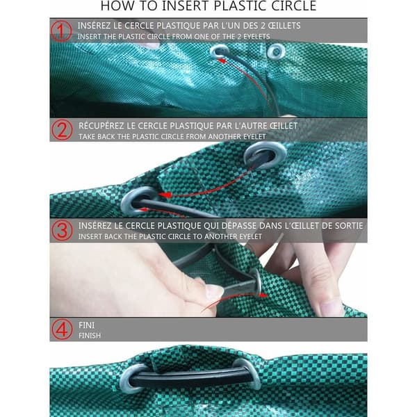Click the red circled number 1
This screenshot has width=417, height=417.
(61, 31)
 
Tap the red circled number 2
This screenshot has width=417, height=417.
(62, 130)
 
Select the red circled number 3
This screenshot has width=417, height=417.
(62, 230)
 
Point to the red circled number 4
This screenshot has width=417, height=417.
(62, 329)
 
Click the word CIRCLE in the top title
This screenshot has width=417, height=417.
(290, 6)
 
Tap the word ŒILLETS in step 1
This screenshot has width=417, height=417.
(284, 26)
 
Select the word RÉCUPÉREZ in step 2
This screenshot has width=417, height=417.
(101, 125)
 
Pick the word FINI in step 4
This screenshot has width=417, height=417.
(86, 325)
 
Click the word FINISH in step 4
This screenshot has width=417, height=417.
(90, 336)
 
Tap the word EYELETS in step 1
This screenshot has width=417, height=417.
(256, 36)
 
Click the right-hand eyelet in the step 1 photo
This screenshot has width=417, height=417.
(276, 51)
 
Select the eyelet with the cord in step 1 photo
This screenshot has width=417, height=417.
(220, 51)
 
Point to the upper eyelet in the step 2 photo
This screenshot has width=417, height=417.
(265, 155)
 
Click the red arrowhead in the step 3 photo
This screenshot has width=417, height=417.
(263, 295)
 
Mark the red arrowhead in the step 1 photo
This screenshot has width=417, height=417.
(222, 61)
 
